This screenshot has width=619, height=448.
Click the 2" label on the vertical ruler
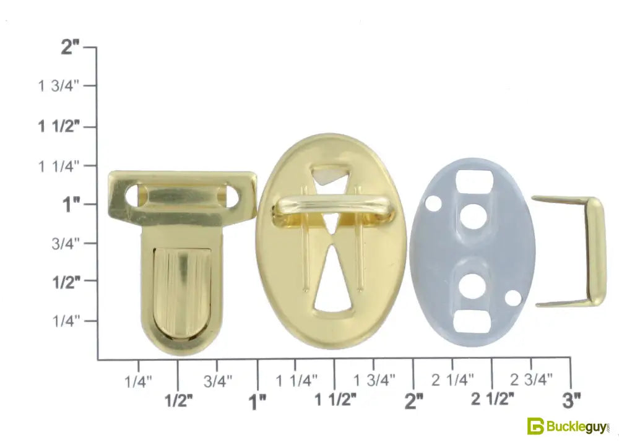click(x=71, y=47)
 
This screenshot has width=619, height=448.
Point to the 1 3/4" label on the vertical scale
click(x=59, y=85)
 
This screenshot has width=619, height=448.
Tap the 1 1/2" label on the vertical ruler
click(x=59, y=126)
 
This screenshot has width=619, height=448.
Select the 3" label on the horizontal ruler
click(x=571, y=400)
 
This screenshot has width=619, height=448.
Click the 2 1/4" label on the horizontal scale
click(x=452, y=380)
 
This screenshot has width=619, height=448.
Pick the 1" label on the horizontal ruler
click(x=257, y=402)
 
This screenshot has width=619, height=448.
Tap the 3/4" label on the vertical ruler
click(x=66, y=244)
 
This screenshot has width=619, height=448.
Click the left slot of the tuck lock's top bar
click(x=137, y=195)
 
